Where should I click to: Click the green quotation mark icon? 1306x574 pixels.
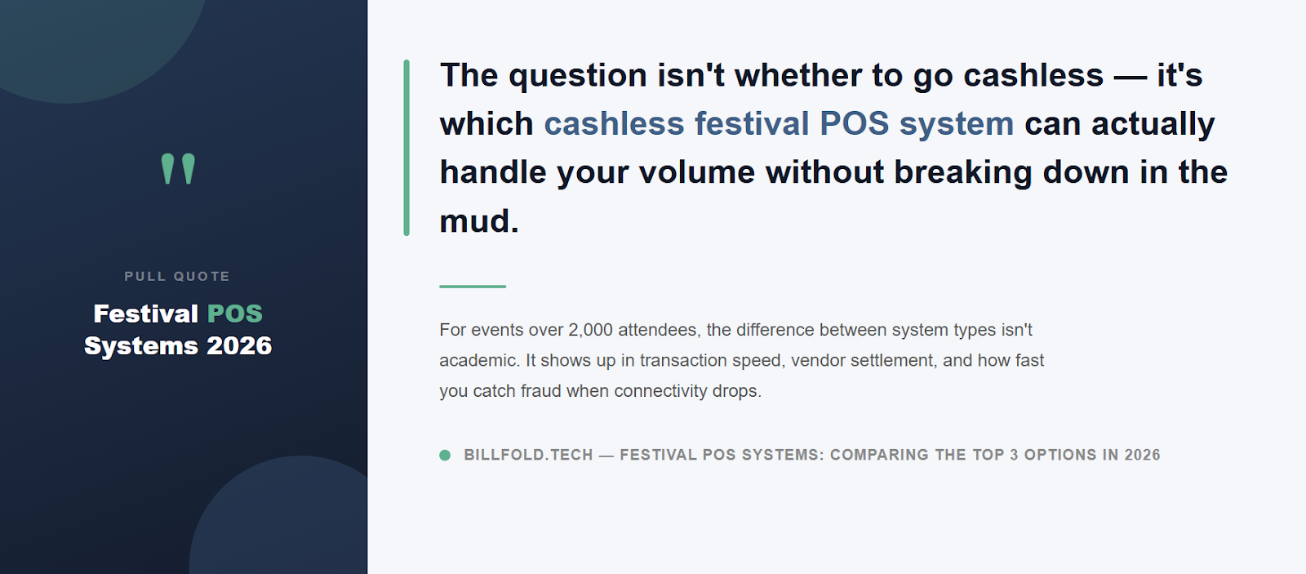178,169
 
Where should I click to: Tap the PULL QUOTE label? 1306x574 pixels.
177,277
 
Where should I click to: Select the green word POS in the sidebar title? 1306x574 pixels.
235,314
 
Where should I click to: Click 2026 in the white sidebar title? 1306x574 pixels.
239,346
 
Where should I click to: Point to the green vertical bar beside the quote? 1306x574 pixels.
406,148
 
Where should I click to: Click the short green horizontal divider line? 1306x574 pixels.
473,287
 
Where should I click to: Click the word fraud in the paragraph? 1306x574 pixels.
541,391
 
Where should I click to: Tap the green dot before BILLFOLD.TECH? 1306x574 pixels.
445,455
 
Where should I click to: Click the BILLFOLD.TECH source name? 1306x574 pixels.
528,455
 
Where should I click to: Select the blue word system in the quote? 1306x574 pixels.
956,124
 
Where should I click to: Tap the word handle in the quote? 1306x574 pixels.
493,172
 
